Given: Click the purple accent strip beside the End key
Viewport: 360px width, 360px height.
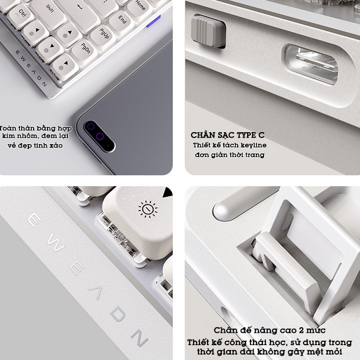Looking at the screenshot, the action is pos(154,21).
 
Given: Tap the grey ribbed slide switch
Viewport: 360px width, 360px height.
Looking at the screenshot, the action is pos(208,31).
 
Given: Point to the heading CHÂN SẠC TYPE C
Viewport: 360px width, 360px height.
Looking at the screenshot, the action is pos(227,135).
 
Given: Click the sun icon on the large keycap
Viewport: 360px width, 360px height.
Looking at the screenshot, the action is pos(148,209).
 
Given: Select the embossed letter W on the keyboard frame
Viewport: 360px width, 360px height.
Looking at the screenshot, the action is pos(56,242).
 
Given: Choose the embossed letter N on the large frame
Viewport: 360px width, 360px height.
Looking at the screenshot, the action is pos(139,337).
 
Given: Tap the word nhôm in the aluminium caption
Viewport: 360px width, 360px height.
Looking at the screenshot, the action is pos(26,136).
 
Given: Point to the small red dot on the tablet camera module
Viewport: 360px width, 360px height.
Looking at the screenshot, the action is pos(108,145).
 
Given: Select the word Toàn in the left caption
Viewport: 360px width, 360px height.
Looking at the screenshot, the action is pos(7,128).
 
